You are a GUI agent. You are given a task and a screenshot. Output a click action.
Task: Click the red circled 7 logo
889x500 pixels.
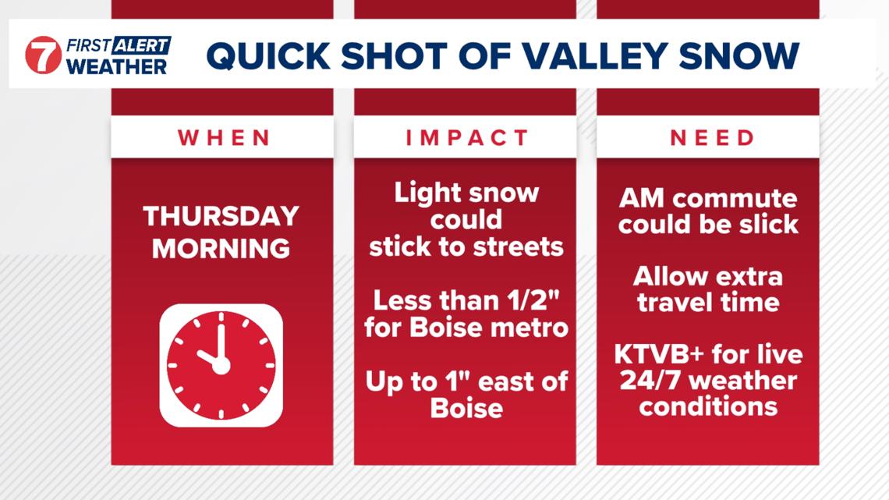[x=43, y=55]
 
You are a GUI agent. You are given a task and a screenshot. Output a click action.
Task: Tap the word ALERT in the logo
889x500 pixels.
[x=142, y=45]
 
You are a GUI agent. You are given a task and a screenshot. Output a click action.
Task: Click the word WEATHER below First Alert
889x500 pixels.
[x=117, y=66]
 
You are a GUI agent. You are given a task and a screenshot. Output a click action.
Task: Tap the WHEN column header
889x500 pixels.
[x=224, y=138]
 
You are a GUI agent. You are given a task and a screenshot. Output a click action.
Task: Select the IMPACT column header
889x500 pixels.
[x=467, y=138]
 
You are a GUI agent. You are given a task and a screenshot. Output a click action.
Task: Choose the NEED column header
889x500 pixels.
[x=712, y=138]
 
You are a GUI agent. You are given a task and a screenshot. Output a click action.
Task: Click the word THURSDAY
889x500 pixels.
[x=221, y=216]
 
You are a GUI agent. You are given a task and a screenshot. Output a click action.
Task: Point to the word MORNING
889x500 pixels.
[x=221, y=248]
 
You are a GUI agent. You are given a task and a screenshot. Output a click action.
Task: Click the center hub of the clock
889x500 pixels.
[x=221, y=366]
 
